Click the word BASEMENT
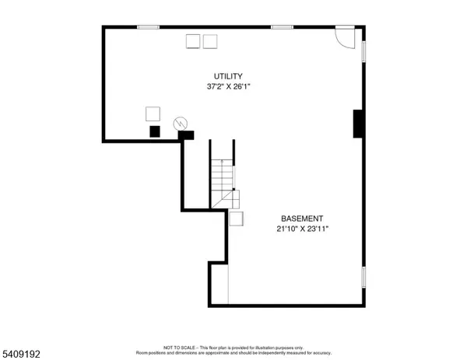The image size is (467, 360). click(x=301, y=219)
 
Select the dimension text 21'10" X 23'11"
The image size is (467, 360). click(x=301, y=229)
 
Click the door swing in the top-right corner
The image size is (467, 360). click(x=343, y=36)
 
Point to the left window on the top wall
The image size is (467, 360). click(x=148, y=28)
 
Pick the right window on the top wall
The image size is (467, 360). click(x=282, y=28)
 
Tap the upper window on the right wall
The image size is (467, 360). click(x=363, y=50)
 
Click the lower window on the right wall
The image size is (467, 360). click(x=363, y=277)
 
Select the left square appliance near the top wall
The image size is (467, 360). click(x=192, y=42)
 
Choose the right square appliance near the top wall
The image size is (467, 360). click(x=210, y=42)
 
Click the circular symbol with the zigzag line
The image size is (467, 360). click(x=180, y=123)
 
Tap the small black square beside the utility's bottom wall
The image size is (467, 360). click(x=155, y=131)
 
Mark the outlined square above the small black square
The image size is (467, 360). click(x=153, y=114)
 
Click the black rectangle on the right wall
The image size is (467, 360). click(x=358, y=124)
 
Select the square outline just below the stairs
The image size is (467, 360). click(x=235, y=218)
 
